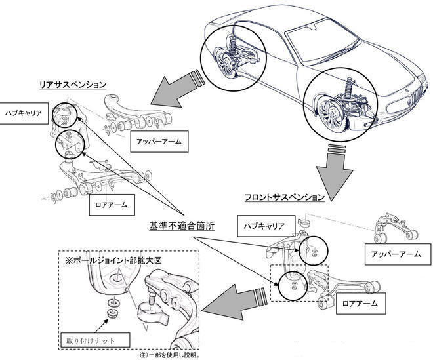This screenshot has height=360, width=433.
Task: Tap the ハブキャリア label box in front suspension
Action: [264, 225]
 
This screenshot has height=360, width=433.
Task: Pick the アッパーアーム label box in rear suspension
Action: [159, 140]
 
